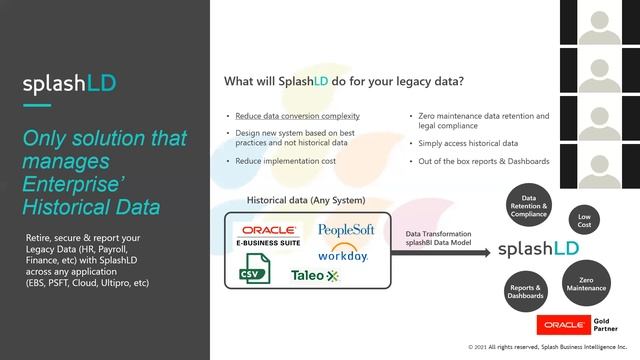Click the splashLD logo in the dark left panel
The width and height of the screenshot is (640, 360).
[x=69, y=85]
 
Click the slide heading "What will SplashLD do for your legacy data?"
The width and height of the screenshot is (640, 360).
[x=343, y=81]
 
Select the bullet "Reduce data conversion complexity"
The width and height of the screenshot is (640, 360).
[x=297, y=116]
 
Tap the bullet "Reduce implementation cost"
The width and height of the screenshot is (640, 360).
[x=286, y=160]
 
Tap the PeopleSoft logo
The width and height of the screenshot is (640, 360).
[x=345, y=230]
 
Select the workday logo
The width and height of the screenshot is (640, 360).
[x=343, y=252]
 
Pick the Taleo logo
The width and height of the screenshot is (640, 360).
[x=315, y=275]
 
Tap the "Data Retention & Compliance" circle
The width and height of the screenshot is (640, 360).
[x=528, y=206]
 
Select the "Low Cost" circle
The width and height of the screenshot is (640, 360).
[x=583, y=220]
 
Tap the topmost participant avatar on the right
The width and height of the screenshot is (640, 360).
[x=600, y=21]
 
